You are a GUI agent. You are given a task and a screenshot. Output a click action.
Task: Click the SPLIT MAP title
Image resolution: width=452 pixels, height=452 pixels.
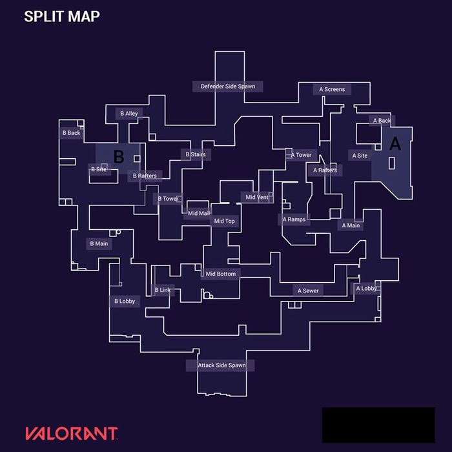62,16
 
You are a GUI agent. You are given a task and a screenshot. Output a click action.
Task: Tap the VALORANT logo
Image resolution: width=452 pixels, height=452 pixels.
72,433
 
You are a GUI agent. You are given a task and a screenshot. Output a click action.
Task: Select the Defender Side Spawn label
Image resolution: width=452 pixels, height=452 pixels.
228,87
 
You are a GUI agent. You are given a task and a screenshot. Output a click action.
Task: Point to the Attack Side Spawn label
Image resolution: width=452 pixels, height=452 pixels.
221,365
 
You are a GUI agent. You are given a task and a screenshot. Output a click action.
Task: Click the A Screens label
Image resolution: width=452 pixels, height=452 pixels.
332,89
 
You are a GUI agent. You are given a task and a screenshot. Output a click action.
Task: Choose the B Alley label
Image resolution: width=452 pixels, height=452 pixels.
129,114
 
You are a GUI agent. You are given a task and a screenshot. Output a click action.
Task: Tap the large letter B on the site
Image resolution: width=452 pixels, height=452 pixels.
119,156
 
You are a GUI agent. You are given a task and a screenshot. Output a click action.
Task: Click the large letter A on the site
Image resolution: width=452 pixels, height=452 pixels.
395,143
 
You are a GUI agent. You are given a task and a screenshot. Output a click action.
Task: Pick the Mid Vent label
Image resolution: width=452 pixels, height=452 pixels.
257,197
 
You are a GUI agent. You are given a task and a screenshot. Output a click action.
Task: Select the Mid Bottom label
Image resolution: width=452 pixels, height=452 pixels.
221,274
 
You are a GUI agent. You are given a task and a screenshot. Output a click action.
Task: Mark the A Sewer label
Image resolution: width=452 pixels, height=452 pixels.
308,291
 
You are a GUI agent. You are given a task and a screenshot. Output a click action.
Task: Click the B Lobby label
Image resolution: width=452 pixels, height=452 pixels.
125,302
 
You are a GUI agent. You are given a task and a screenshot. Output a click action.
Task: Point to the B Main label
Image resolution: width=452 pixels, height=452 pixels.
99,244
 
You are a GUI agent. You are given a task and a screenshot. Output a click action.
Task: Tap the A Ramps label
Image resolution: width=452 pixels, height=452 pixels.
294,220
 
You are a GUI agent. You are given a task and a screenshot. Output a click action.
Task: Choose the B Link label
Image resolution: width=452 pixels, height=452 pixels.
163,290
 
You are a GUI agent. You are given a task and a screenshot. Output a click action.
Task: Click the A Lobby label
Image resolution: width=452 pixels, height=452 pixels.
366,289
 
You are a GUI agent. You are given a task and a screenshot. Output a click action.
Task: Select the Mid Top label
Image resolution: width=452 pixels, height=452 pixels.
224,221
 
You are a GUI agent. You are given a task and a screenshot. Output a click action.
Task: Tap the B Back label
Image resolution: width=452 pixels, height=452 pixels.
72,133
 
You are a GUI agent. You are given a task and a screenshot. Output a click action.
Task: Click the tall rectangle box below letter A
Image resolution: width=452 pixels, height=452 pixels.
392,163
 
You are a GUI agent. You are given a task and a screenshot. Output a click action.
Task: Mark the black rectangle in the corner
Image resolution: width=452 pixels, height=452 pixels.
378,425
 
